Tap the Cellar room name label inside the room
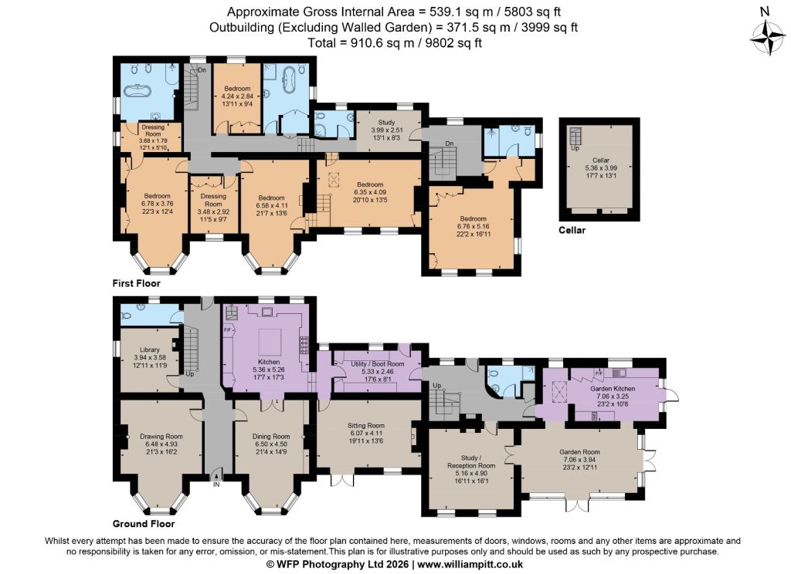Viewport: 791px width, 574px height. coord(601,160)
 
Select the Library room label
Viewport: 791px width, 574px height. coord(150,349)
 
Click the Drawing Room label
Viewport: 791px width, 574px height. coord(161,437)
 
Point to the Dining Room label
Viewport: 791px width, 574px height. coord(271,437)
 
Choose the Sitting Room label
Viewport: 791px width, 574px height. coord(365,425)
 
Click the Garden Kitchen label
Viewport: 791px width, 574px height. coord(613,389)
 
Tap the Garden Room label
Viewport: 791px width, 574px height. coord(579,452)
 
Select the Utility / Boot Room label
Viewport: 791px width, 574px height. coord(377,364)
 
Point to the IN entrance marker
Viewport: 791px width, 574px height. coord(216,485)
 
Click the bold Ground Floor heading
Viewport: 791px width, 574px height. coord(144,524)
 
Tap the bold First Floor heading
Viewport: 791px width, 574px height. coord(136,283)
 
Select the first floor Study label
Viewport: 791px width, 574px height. coord(386,123)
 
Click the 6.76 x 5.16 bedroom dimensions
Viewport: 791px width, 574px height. coord(473,226)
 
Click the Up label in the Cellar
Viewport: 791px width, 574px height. coord(575,148)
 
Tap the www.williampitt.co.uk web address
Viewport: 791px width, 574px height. coord(470,565)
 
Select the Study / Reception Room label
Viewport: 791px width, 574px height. coord(471,461)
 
